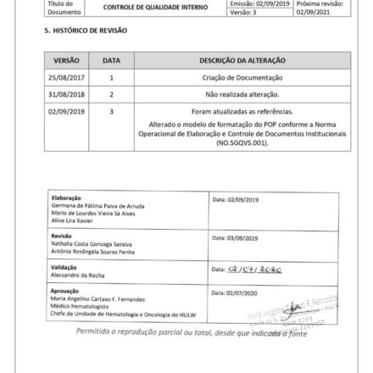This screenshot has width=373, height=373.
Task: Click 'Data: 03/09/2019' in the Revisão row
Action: click(x=228, y=239)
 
